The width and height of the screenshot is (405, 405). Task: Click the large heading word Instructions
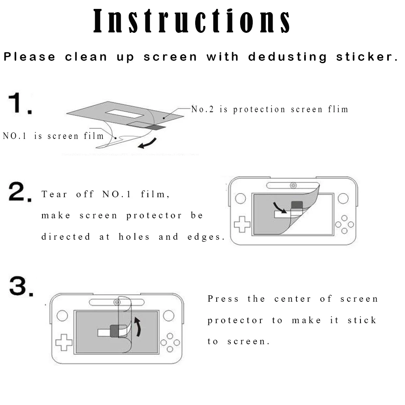pyautogui.click(x=192, y=21)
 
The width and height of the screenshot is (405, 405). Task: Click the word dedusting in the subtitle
pyautogui.click(x=287, y=57)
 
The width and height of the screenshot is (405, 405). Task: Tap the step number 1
pyautogui.click(x=20, y=103)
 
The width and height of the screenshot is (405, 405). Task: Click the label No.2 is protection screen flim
pyautogui.click(x=270, y=109)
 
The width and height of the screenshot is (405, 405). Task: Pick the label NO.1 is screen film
pyautogui.click(x=53, y=136)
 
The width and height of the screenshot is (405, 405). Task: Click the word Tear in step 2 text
pyautogui.click(x=54, y=194)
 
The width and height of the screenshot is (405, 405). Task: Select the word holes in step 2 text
pyautogui.click(x=135, y=237)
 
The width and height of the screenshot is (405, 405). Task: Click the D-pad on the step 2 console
pyautogui.click(x=242, y=224)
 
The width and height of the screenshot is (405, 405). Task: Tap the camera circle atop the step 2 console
pyautogui.click(x=293, y=185)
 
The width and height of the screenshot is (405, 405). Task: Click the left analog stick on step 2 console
pyautogui.click(x=241, y=198)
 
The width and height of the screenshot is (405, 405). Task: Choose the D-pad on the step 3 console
pyautogui.click(x=64, y=342)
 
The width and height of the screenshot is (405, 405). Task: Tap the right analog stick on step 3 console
pyautogui.click(x=168, y=315)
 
